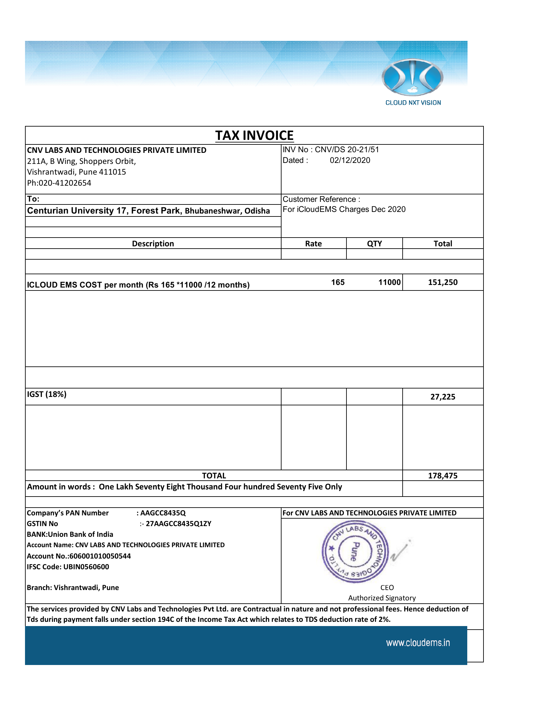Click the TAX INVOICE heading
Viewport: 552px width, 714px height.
(x=254, y=135)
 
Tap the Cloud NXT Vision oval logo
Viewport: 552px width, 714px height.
(x=412, y=78)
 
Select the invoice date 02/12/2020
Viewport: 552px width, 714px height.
(x=350, y=160)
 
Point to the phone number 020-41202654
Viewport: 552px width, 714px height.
(x=65, y=183)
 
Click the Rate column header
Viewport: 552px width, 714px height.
(x=313, y=243)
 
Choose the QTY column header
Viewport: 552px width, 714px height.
(x=374, y=243)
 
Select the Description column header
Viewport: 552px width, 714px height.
(x=153, y=243)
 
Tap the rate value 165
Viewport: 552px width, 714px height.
(x=338, y=282)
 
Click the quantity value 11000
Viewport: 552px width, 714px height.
(x=389, y=282)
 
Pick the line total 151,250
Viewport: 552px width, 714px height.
(x=443, y=282)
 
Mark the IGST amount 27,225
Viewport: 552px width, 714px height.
(x=443, y=397)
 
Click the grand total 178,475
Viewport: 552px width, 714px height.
(x=443, y=475)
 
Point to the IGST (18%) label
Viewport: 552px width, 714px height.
(x=47, y=394)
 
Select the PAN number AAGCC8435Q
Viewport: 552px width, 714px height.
(x=163, y=513)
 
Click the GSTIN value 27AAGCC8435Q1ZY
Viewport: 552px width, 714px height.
(x=178, y=523)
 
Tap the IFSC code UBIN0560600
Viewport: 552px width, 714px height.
(x=86, y=567)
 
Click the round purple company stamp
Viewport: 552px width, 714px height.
(x=355, y=551)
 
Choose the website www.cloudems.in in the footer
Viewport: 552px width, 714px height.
(x=418, y=643)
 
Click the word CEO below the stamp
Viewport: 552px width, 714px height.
(x=387, y=587)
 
